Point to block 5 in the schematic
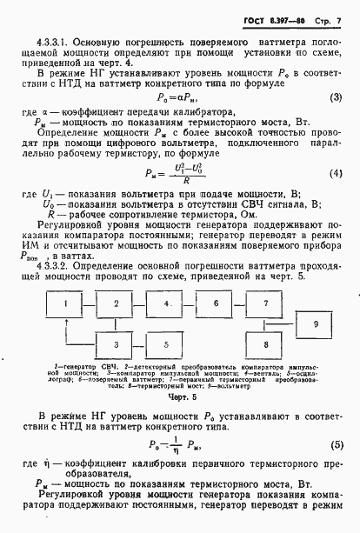point(162,344)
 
